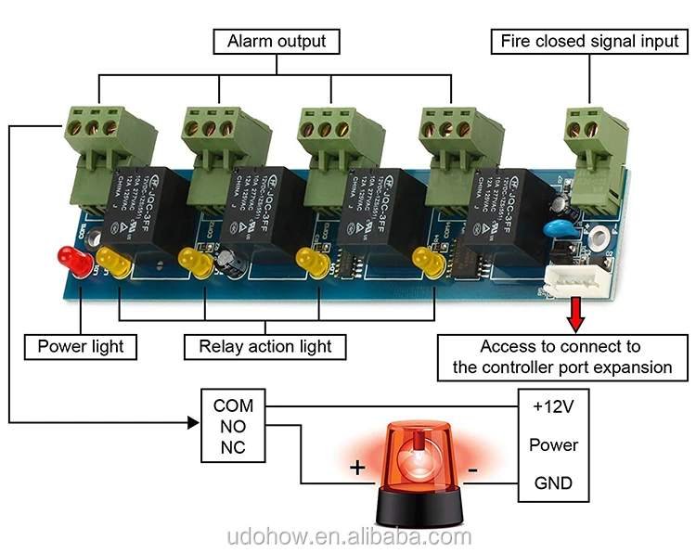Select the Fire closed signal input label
590,41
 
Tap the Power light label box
81,347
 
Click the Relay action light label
265,347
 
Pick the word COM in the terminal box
233,405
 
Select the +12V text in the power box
553,405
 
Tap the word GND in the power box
553,482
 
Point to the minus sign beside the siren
472,470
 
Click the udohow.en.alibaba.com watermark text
349,537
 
